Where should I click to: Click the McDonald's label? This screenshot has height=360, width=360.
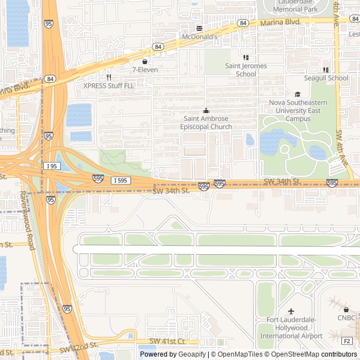point(199,37)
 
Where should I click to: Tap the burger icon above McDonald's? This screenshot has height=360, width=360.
point(199,28)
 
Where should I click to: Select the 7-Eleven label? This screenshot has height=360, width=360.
point(145,70)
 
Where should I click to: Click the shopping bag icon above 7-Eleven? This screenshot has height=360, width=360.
point(145,61)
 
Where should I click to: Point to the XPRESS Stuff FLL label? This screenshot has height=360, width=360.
point(109,85)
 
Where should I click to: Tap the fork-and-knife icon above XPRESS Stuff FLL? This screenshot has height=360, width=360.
point(109,77)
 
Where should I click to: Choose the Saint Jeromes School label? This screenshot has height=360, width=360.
point(246,70)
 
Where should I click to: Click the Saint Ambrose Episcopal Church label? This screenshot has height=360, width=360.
point(206,123)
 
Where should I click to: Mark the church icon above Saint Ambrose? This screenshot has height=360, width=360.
point(206,111)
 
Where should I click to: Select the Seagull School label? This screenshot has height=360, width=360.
point(326,78)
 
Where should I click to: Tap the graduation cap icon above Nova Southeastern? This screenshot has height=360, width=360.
point(298,94)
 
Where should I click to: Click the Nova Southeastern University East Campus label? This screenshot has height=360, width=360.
point(298,111)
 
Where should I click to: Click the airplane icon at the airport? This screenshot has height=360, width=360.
point(291,311)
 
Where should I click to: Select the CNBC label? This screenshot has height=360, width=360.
point(346,318)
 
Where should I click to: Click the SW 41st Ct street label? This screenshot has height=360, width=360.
point(167,341)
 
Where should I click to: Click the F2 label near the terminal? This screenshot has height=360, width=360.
point(346,341)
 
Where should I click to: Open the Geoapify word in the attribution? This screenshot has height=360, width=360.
point(192,354)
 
